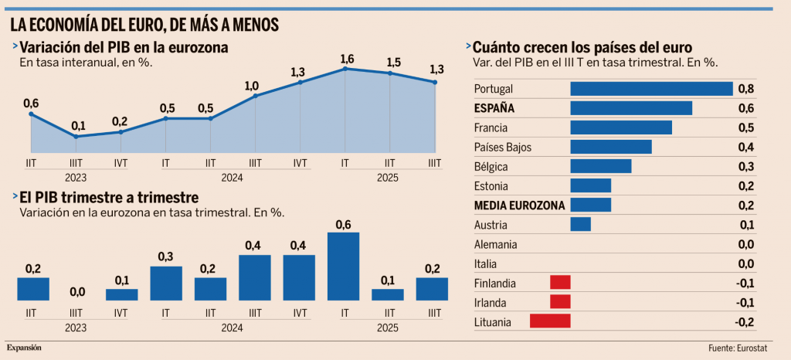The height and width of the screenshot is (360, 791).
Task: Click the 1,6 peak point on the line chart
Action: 345,69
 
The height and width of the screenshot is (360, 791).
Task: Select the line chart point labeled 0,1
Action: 76,137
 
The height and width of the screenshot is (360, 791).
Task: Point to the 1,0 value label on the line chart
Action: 252,86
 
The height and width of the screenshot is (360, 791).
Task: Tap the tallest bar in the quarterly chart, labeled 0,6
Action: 344,266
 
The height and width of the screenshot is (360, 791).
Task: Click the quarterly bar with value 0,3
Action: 166,283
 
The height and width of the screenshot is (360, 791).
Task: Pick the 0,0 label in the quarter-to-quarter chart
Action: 76,291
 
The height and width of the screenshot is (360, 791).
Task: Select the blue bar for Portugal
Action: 651,89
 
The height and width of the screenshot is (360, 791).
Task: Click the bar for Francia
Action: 621,127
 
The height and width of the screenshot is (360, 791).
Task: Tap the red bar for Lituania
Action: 550,321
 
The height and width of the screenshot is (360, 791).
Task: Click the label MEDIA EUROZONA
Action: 519,205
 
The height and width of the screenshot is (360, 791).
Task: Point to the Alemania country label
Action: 496,244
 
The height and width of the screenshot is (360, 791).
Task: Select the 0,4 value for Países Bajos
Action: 746,147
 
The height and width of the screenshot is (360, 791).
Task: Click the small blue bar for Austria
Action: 580,224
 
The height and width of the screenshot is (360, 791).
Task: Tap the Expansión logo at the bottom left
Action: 25,348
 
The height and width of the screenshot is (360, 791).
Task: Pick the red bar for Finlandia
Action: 560,282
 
